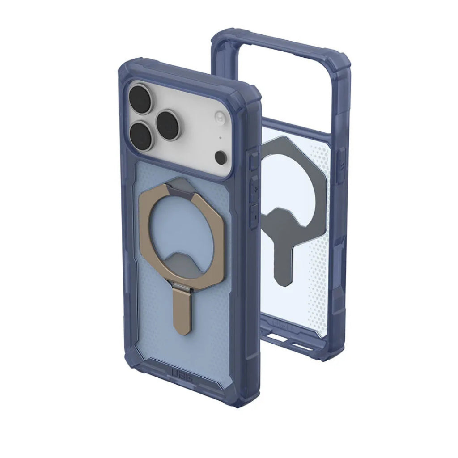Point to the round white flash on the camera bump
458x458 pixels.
220,118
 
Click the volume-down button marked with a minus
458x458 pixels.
254,214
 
